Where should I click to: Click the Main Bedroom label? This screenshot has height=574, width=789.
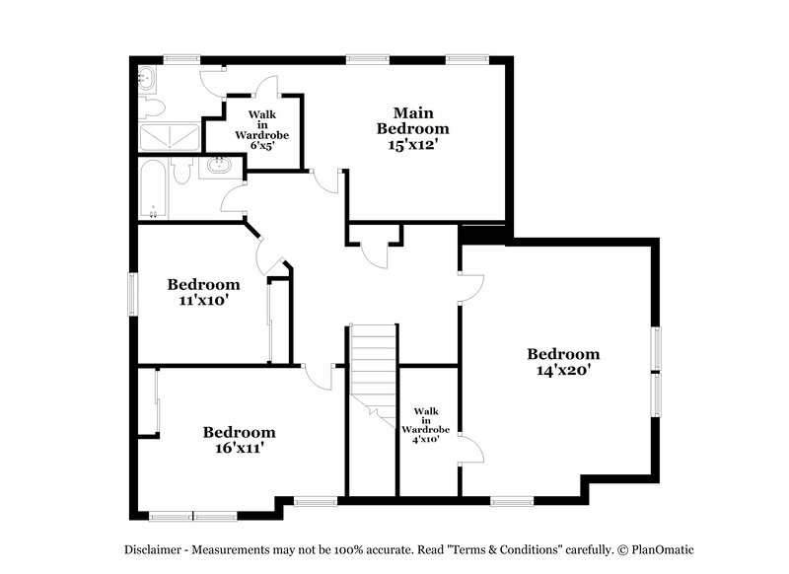[x=412, y=120]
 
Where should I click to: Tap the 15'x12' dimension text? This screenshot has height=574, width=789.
[x=412, y=145]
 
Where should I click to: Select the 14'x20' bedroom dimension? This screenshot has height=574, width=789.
[x=563, y=370]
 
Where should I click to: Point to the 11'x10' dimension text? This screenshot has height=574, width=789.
[x=204, y=301]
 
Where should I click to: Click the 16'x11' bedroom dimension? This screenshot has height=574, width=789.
[x=240, y=448]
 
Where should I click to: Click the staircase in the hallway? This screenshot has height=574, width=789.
[x=375, y=375]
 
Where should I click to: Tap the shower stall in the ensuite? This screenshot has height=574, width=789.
[x=169, y=137]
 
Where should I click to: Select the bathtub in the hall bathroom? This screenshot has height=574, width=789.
[x=153, y=189]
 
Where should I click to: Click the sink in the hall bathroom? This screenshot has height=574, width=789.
[x=219, y=167]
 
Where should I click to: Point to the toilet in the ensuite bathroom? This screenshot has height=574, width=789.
[x=152, y=108]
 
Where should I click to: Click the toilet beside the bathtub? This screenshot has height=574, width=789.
[x=180, y=171]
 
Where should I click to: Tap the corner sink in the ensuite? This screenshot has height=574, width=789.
[x=147, y=79]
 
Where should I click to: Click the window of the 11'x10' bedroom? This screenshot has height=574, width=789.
[x=133, y=294]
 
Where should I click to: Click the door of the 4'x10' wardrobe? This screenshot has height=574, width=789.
[x=472, y=450]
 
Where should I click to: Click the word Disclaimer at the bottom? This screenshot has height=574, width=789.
[x=153, y=550]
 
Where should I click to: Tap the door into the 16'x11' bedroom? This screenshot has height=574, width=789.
[x=317, y=377]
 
